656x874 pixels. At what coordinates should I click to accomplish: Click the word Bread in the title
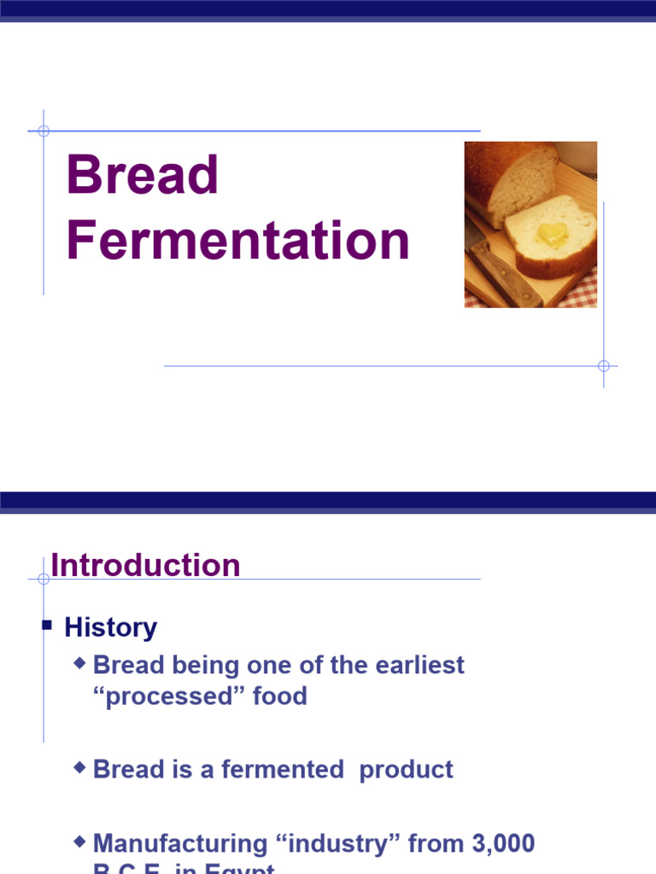coord(143,175)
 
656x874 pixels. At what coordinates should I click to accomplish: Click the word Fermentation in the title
coord(238,241)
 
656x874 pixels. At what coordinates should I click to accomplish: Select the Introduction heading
coord(145,565)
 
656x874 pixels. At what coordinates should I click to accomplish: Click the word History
coord(111,627)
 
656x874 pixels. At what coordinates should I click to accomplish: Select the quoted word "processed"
coord(168,696)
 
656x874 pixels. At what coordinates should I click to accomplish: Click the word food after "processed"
coord(279,696)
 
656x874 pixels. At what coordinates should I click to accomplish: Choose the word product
coord(406,769)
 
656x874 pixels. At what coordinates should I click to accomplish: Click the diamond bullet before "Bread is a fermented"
coord(80,767)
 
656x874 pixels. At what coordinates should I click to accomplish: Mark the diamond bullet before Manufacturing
coord(80,842)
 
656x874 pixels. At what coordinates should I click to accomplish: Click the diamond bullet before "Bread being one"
coord(80,662)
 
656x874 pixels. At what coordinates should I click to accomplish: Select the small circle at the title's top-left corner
coord(44,131)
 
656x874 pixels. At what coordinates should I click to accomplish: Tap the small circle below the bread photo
coord(604,366)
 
